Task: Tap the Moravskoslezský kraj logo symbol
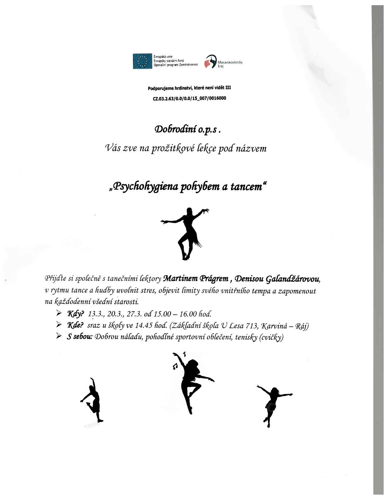tap(211, 62)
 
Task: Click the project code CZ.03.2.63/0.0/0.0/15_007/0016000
tap(190, 98)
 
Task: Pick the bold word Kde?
tap(75, 326)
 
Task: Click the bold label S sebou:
tap(80, 338)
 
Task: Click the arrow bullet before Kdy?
tap(59, 313)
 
